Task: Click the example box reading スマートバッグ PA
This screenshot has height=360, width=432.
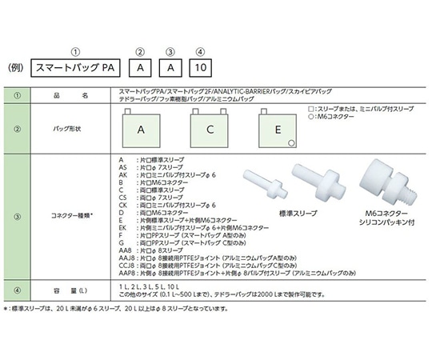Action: click(79, 69)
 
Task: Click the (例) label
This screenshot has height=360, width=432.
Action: click(18, 69)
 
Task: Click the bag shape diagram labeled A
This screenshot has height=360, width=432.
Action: click(140, 129)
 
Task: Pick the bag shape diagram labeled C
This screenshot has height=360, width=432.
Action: click(210, 129)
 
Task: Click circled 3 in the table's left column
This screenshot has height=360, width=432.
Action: click(16, 215)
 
